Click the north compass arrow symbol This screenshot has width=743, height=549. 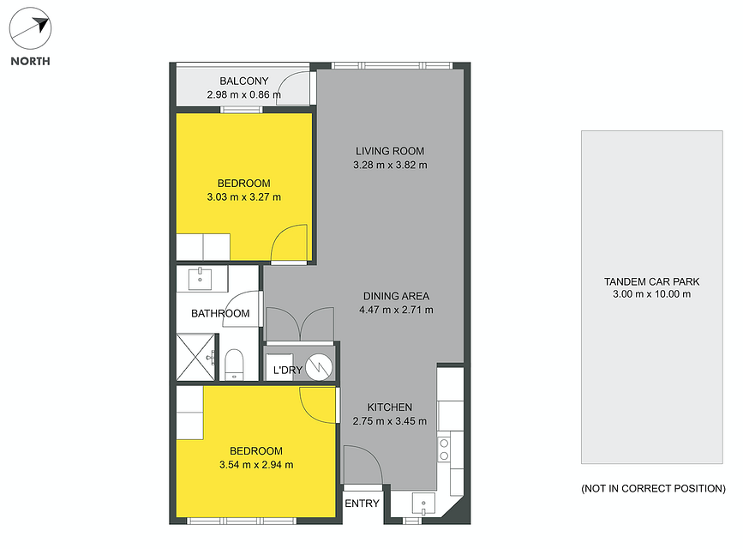tap(30, 28)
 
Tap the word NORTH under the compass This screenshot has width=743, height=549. tap(30, 61)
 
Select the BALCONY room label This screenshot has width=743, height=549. tap(244, 81)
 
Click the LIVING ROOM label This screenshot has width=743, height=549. tap(390, 151)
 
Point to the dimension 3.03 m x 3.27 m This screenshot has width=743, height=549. tap(244, 197)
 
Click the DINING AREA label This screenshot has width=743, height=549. tap(396, 296)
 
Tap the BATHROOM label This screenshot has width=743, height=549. tap(220, 314)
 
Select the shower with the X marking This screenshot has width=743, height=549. tap(196, 357)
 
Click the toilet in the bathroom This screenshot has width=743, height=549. tap(234, 365)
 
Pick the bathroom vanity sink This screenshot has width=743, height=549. tap(200, 279)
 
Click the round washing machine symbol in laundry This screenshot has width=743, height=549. tap(319, 367)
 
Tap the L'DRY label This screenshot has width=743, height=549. tap(288, 370)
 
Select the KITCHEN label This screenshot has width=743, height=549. tap(390, 407)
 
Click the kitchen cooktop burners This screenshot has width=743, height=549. tap(444, 449)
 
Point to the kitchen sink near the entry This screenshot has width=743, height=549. tap(423, 504)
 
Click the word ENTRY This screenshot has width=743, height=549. tap(362, 504)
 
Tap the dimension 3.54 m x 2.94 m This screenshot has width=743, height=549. tap(256, 465)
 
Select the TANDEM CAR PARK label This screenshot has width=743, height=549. tap(651, 282)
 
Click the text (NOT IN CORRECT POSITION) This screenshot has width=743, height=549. tap(653, 489)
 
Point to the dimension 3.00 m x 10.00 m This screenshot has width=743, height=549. tap(651, 294)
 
